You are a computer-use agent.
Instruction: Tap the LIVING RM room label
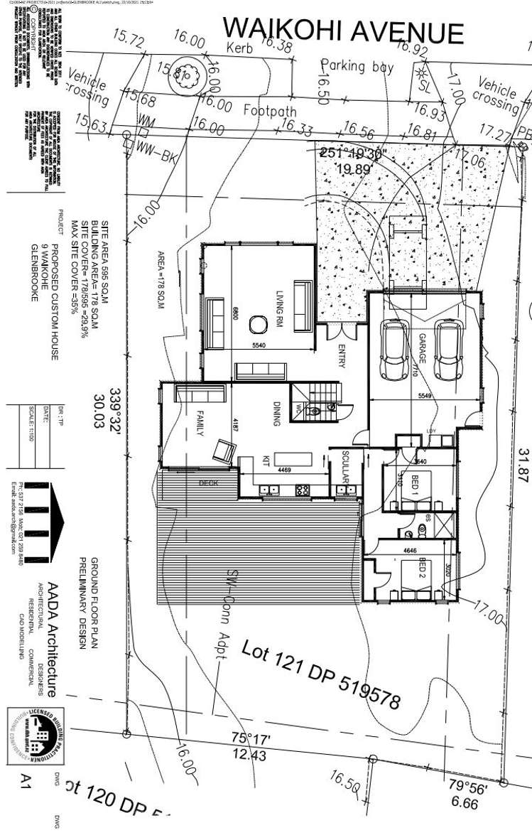click(280, 310)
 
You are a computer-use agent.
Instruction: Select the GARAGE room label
click(421, 350)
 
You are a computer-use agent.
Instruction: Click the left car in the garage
click(393, 350)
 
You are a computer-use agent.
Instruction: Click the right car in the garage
click(447, 350)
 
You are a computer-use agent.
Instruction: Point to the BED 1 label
click(415, 486)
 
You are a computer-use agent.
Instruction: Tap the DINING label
click(276, 414)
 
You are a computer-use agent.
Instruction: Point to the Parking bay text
click(357, 66)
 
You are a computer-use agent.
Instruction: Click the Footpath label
click(269, 110)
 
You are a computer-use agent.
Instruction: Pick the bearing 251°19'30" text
click(353, 153)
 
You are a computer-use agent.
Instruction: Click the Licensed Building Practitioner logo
click(32, 733)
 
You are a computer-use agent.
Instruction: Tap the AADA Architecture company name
click(51, 645)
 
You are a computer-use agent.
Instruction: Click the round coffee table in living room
click(256, 324)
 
